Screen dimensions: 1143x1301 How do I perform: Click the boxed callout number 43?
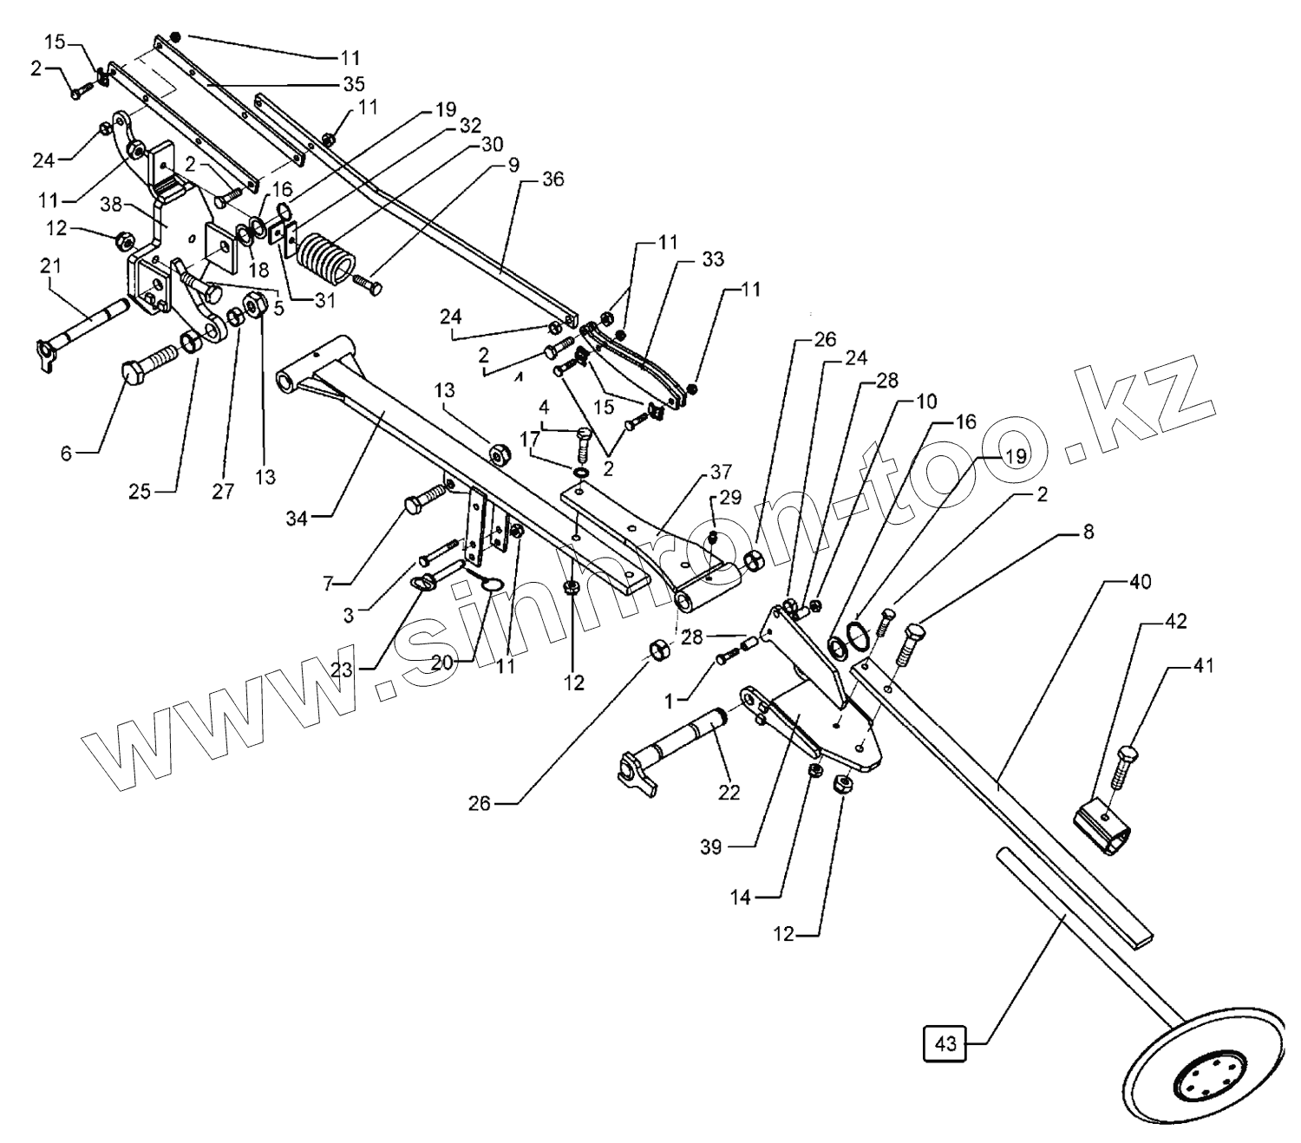945,1044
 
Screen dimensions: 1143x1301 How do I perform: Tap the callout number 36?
552,180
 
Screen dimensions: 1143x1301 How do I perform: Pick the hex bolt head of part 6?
133,376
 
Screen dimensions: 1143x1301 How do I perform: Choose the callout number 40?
1141,582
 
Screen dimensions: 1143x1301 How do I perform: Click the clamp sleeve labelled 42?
1102,829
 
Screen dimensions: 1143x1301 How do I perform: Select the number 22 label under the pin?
729,792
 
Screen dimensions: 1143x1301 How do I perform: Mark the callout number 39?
711,848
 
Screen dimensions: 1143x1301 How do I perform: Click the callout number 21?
49,266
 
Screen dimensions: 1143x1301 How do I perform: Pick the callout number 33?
713,259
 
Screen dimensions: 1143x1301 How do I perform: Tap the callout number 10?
926,402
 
